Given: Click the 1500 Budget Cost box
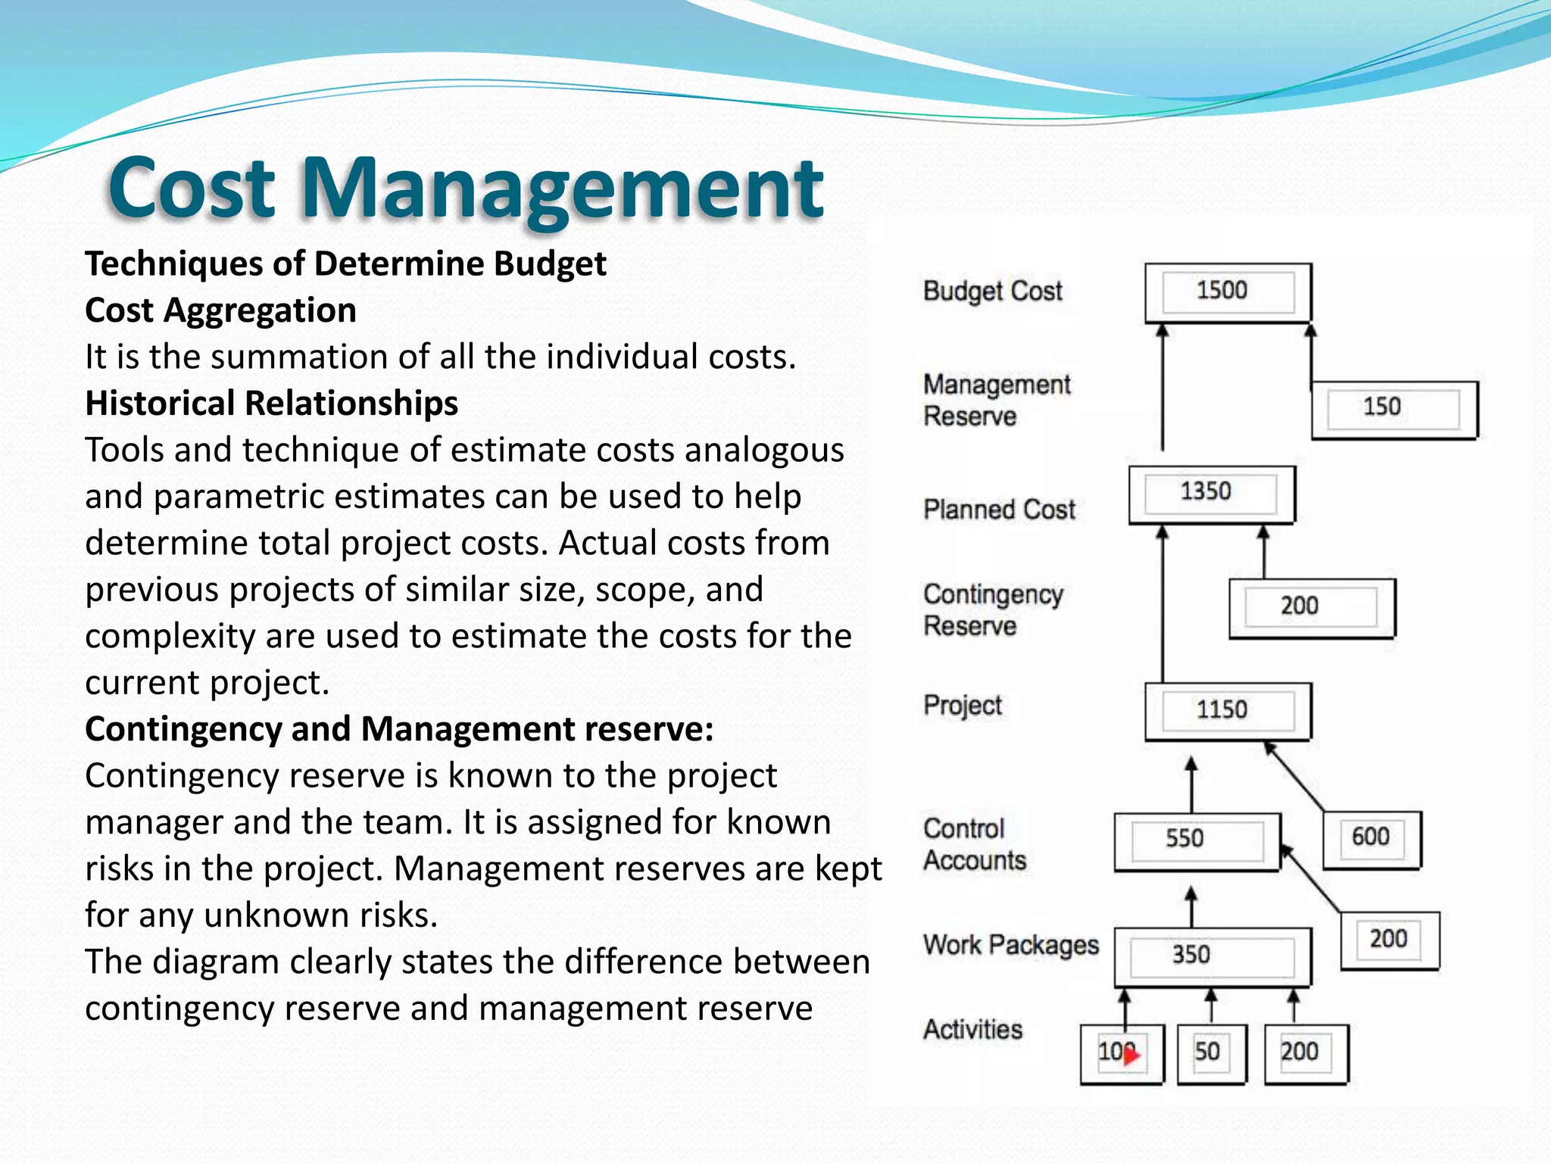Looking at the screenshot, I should coord(1228,292).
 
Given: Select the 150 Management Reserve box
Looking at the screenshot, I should coord(1393,409).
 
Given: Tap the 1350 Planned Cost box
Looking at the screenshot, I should coord(1211,494).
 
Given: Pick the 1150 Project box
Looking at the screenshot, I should coord(1228,711).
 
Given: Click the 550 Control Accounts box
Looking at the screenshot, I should coord(1197,840).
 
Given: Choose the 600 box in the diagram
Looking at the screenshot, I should coord(1372,839).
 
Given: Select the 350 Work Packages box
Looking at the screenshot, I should coord(1212,956).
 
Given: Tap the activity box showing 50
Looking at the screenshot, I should coord(1210,1053).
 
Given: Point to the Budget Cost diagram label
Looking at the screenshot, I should coord(992,292).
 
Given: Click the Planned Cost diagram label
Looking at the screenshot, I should coord(999,510).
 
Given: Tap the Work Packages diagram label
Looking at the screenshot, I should coord(1010,945).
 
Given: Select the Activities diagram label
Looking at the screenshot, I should coord(972,1030).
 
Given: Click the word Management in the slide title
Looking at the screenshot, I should coord(561,189).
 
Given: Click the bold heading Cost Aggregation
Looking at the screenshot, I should coord(220,310).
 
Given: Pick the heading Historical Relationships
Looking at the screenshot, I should coord(271,404).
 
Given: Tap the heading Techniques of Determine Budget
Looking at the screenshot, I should coord(345,264).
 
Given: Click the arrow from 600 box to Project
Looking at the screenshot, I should coord(1295,778).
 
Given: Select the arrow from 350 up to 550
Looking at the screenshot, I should coord(1191,908).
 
